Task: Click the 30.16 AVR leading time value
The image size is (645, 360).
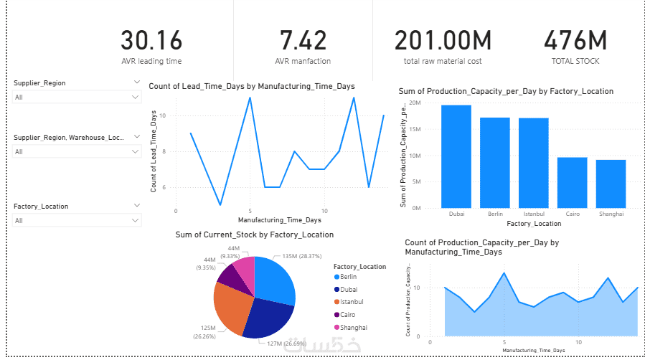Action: [x=151, y=40]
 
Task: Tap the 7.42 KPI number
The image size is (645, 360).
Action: [x=303, y=40]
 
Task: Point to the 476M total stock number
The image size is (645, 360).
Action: [x=575, y=40]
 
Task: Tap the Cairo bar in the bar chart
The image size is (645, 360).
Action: [x=572, y=182]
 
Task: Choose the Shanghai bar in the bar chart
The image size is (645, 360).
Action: [x=611, y=184]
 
